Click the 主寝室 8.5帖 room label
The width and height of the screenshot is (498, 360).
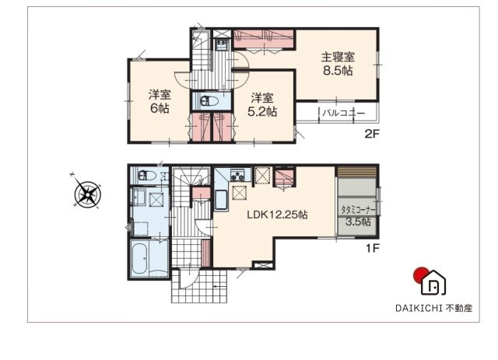point(338,63)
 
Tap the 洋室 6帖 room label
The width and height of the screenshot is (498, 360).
point(160,102)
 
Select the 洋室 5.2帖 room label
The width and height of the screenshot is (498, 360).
point(263,104)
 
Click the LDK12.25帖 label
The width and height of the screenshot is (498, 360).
point(278,215)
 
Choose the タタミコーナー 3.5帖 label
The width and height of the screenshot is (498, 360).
point(357,215)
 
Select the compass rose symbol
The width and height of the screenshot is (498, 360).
point(87,192)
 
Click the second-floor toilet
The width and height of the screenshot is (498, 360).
point(208,100)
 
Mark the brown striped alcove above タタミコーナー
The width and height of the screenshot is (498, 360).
point(356,172)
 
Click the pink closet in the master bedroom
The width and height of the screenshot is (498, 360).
point(265,34)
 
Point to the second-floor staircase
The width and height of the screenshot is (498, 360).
point(204,66)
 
